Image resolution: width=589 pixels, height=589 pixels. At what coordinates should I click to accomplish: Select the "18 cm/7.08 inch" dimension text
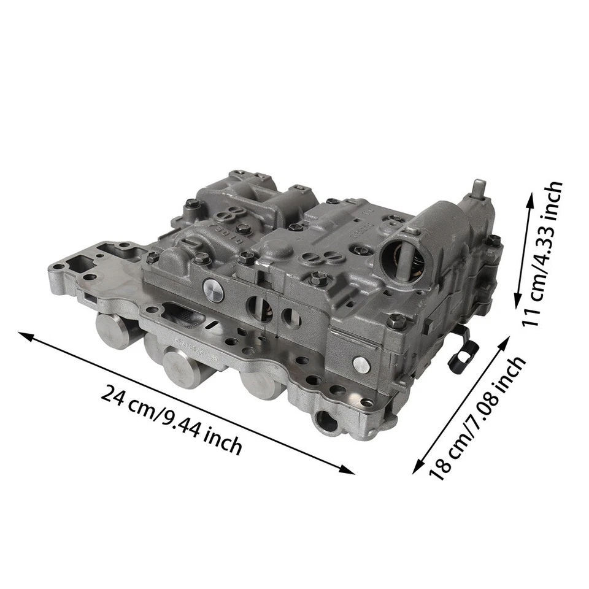click(x=477, y=418)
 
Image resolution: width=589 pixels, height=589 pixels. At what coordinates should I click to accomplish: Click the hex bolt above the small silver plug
click(x=396, y=321)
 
